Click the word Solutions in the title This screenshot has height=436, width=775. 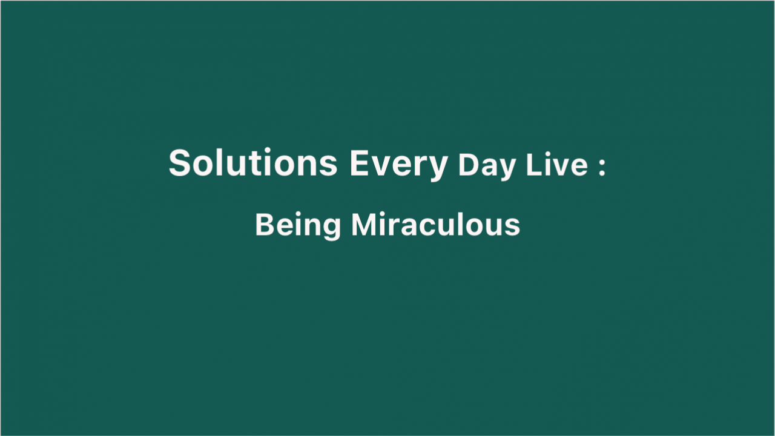pyautogui.click(x=253, y=162)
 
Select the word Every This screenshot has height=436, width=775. pyautogui.click(x=399, y=165)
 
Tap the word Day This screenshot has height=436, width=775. pyautogui.click(x=487, y=167)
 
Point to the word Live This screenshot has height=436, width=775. pyautogui.click(x=556, y=165)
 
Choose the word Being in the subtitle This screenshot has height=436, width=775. pyautogui.click(x=298, y=226)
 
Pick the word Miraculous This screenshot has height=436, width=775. pyautogui.click(x=435, y=225)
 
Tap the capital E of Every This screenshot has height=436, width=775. pyautogui.click(x=360, y=163)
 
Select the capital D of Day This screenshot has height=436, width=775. pyautogui.click(x=469, y=165)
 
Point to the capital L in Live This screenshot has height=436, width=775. pyautogui.click(x=535, y=164)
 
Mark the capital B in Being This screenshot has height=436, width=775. pyautogui.click(x=265, y=225)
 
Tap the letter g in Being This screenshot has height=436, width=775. pyautogui.click(x=331, y=230)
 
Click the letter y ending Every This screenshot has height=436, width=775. pyautogui.click(x=438, y=169)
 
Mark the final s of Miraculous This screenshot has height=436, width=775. pyautogui.click(x=512, y=228)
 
